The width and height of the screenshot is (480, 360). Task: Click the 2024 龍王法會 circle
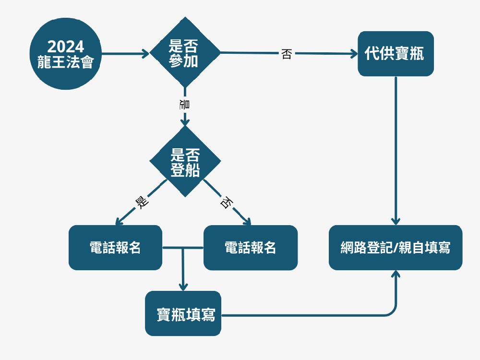click(65, 54)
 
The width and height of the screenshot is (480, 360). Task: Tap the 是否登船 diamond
click(185, 161)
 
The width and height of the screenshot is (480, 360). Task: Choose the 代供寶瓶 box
click(396, 54)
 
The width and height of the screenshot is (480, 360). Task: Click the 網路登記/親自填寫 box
click(396, 248)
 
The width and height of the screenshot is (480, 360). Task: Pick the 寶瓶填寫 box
click(183, 313)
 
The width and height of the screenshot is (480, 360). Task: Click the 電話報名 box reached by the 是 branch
click(115, 248)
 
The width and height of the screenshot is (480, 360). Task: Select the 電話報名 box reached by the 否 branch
click(251, 248)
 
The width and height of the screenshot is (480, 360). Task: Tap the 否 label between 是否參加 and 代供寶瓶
click(286, 54)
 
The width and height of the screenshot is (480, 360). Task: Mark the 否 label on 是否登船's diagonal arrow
click(225, 202)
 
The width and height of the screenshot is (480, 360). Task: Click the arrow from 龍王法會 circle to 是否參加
click(125, 53)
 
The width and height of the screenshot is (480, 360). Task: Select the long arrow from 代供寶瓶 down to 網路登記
click(396, 149)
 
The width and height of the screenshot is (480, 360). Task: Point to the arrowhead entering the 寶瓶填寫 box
click(183, 286)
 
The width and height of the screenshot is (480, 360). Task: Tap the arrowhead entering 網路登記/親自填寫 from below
click(396, 274)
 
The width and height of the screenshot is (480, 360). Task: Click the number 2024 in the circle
click(65, 47)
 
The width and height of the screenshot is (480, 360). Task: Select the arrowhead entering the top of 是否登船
click(185, 122)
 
